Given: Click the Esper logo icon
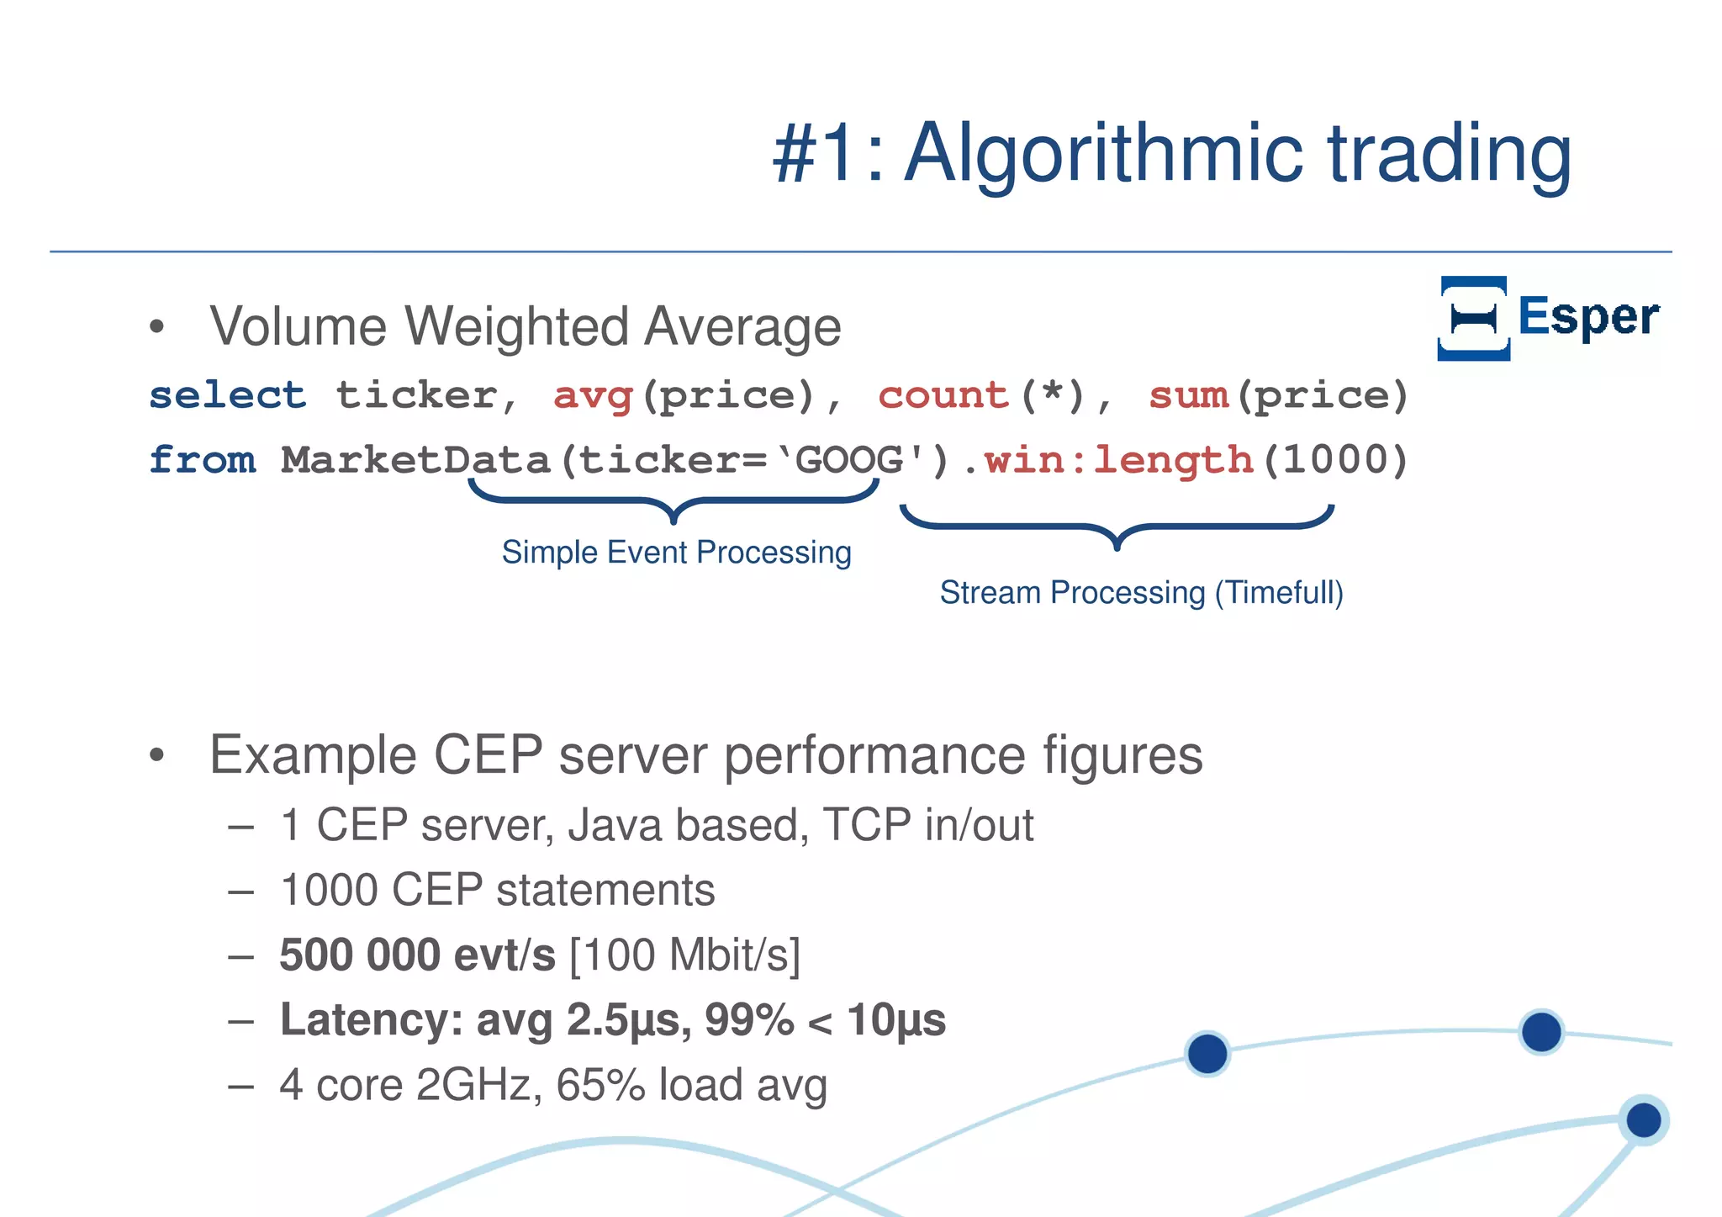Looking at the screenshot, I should (1473, 318).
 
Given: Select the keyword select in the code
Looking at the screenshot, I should (227, 395).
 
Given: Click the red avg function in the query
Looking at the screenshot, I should (593, 395).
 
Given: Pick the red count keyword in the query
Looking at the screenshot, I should (943, 395).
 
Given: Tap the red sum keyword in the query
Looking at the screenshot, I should (1189, 395).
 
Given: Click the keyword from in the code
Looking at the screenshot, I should (203, 460).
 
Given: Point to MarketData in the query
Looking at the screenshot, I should (415, 460).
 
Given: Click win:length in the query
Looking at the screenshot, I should (1119, 460).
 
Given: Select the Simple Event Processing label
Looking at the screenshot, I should (676, 553).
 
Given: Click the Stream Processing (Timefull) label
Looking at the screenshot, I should (1141, 593).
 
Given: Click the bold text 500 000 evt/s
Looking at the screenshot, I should (417, 955).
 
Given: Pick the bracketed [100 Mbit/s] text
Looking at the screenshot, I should (684, 955).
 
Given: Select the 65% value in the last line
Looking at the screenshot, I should (600, 1085).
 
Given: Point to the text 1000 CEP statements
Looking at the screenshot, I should (497, 890).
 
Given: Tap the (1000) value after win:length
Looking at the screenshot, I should (1334, 460).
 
